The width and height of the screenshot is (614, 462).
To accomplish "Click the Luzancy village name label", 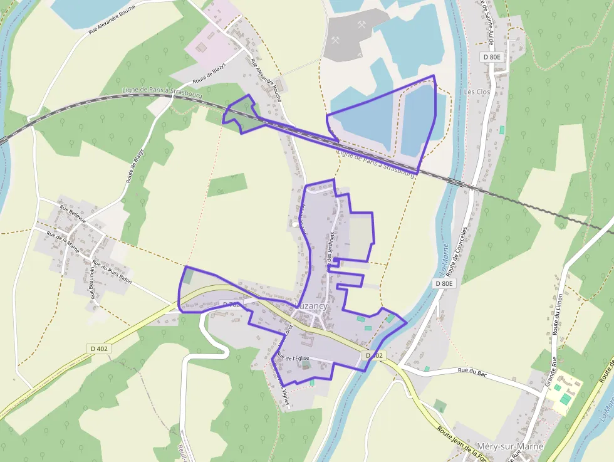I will (311, 305).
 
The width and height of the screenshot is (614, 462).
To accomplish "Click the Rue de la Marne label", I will (63, 243).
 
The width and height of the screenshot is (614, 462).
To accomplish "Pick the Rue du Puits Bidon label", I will (112, 272).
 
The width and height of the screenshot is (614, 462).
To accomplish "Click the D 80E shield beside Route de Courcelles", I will (444, 283).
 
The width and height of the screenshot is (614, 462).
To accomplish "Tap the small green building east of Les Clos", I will (502, 130).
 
